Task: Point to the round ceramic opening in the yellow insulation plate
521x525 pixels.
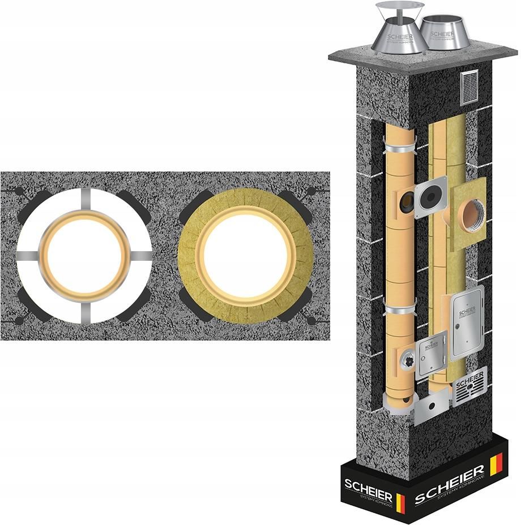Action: point(469,215)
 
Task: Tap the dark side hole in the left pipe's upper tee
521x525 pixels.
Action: point(406,203)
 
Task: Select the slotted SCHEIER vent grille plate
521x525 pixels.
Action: point(469,386)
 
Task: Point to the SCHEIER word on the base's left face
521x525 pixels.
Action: point(367,484)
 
